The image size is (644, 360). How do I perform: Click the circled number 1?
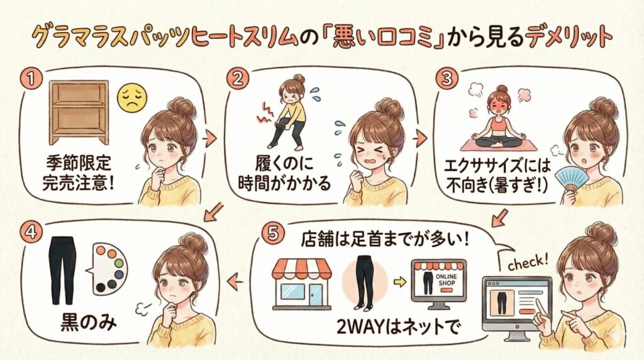point(31,79)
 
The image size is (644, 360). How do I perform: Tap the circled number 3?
point(447,79)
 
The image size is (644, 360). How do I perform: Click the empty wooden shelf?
point(79,112)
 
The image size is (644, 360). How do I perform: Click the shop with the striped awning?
point(302,284)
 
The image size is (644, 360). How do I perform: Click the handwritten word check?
point(528,262)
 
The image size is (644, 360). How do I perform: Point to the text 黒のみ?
point(88,323)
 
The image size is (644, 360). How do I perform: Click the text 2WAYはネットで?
point(397,327)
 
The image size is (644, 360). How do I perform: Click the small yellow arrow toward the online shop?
point(399,282)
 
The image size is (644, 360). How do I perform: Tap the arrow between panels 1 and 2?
point(209,139)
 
